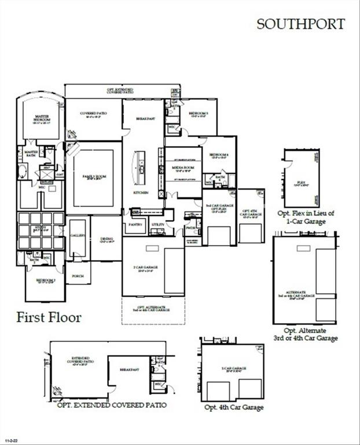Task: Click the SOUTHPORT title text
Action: point(300,24)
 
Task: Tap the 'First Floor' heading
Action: point(49,317)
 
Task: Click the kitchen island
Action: point(139,163)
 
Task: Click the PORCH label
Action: point(78,276)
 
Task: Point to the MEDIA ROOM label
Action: point(183,169)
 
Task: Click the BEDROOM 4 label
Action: point(219,155)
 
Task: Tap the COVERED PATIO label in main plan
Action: point(93,115)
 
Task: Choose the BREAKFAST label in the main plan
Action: point(144,118)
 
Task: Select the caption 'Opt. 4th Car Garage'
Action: point(234,407)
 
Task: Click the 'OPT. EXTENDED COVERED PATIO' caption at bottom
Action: point(112,405)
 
